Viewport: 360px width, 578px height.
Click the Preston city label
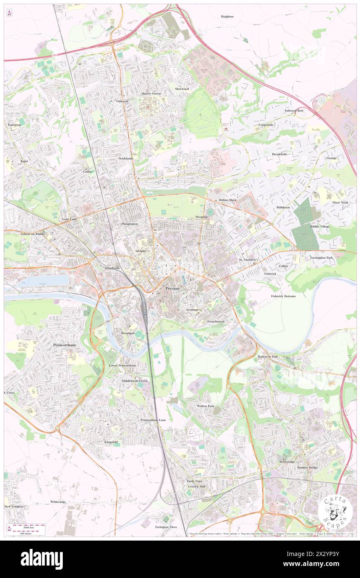[173, 288]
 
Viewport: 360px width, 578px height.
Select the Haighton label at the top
[227, 16]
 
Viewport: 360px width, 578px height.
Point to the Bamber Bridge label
[307, 468]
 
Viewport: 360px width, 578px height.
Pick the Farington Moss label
[166, 527]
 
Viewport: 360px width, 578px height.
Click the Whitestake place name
[58, 502]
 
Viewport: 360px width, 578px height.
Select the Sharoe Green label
[151, 94]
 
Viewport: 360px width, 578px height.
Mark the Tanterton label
[13, 125]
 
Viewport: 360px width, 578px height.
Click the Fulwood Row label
[294, 111]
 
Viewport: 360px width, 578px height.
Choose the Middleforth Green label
[134, 381]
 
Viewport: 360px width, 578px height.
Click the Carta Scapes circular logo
[335, 510]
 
